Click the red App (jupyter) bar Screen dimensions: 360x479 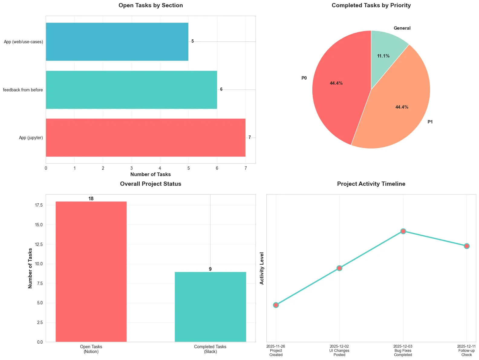pos(145,138)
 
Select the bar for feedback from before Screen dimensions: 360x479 pos(131,90)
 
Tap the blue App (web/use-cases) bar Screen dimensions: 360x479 pos(117,41)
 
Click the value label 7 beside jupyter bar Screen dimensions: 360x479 pos(249,138)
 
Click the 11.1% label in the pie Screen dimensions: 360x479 pos(383,56)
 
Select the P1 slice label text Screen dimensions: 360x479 pos(430,122)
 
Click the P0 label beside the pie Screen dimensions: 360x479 pos(304,78)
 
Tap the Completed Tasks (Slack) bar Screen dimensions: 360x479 pos(210,307)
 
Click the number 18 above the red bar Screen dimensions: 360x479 pos(91,199)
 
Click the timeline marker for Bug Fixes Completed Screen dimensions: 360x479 pos(403,231)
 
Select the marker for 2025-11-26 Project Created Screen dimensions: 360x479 pos(276,305)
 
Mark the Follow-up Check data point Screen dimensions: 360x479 pos(467,246)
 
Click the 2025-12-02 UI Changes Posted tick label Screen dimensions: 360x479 pos(339,350)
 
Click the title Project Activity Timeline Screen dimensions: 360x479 pos(371,184)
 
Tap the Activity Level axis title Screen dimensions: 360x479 pos(262,268)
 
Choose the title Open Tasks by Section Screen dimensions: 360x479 pos(151,5)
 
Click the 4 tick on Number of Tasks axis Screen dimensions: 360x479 pos(160,168)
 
